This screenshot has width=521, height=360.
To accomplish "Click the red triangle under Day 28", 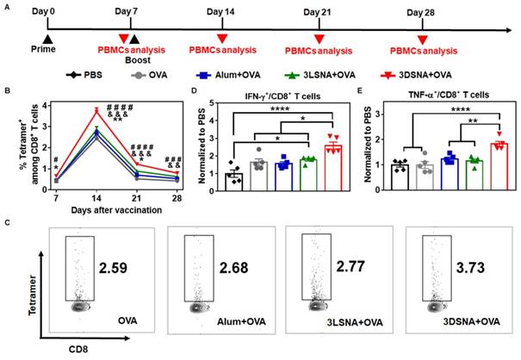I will tap(422, 39).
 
